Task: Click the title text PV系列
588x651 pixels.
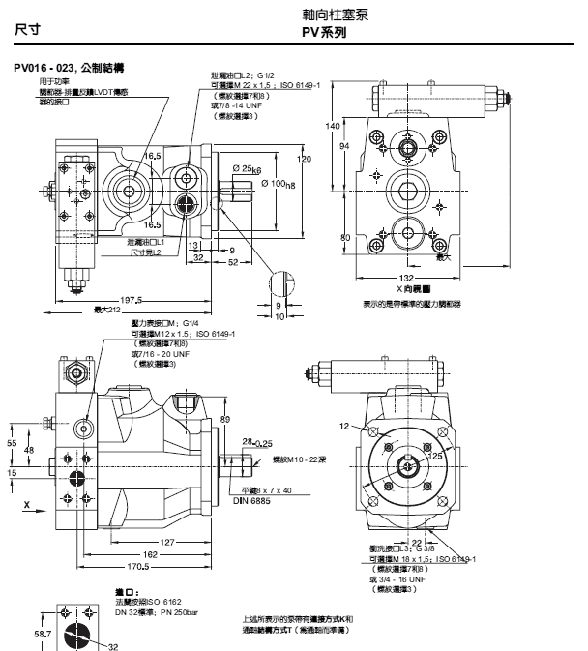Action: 325,33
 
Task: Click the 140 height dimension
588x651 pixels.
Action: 333,127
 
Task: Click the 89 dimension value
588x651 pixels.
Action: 224,418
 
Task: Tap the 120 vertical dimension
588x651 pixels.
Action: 304,159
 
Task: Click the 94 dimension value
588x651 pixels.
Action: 343,145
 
